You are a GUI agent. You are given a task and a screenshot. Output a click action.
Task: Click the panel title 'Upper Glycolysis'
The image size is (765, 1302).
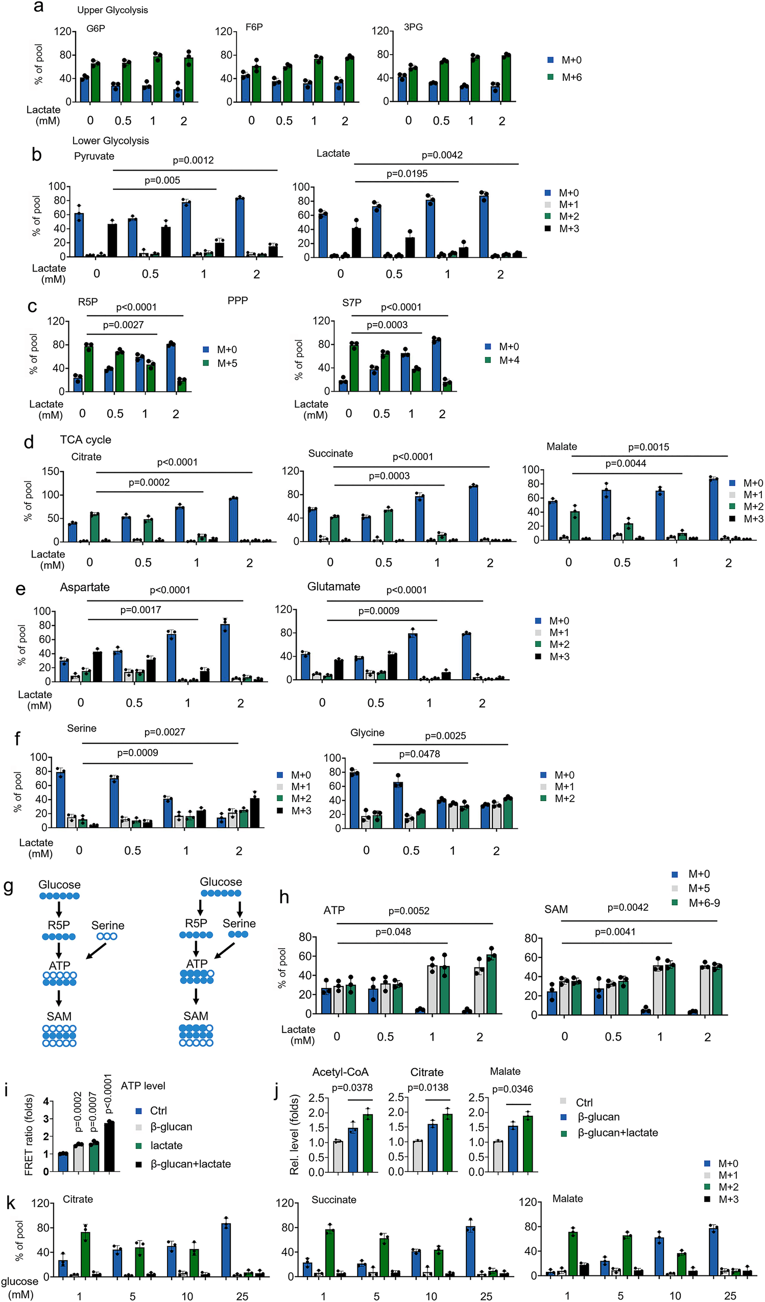point(112,10)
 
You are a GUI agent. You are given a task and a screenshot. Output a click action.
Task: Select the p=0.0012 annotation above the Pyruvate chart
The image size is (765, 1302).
point(193,160)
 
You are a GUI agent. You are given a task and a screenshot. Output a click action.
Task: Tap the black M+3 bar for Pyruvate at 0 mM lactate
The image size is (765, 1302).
point(112,240)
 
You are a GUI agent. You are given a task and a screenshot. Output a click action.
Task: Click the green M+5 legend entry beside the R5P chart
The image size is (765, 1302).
point(221,363)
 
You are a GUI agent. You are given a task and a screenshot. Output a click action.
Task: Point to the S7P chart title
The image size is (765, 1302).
point(351,302)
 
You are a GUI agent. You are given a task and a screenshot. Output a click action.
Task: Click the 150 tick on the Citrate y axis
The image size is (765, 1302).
point(51,471)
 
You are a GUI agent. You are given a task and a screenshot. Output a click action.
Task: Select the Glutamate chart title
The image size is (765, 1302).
point(333,587)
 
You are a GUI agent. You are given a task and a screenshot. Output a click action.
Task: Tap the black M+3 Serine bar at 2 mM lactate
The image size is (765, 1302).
point(254,813)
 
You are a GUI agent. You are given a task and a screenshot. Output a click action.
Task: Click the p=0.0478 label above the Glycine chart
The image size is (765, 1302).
point(419,754)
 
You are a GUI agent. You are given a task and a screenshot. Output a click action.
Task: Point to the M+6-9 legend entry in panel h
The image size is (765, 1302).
point(704,903)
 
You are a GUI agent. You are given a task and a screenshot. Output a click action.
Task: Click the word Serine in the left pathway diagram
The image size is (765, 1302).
point(108,925)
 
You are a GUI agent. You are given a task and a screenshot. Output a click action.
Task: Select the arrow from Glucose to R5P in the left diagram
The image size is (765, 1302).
point(59,909)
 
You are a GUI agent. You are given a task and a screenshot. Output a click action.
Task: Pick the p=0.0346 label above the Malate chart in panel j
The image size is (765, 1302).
point(512,1089)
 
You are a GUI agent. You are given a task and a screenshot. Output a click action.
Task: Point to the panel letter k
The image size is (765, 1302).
point(10,1203)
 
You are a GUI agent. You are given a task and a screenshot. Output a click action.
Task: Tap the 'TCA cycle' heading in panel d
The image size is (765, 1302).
point(85,440)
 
